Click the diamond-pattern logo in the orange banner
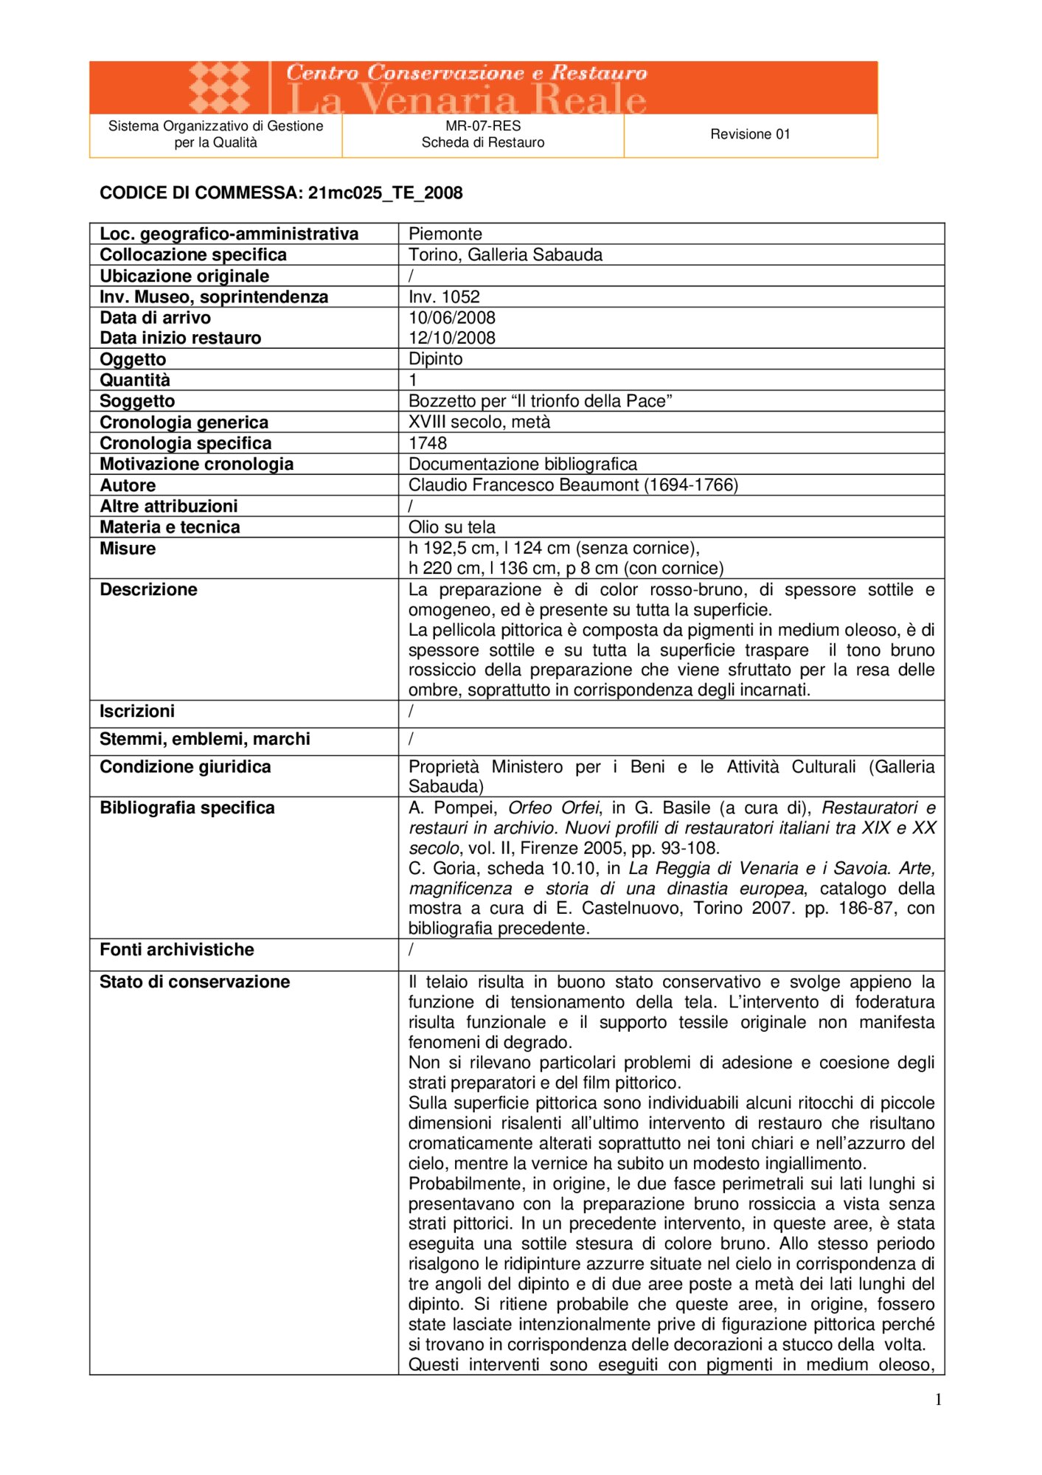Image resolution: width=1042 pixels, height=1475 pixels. click(219, 88)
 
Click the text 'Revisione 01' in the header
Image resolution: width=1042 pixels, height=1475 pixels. click(750, 134)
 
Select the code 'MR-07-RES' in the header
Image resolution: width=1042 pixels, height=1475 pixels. click(483, 126)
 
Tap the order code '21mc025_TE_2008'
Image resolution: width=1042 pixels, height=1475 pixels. click(385, 193)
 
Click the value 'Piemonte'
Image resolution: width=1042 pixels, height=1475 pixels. click(445, 234)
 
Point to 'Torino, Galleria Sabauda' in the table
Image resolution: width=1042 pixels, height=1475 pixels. click(505, 255)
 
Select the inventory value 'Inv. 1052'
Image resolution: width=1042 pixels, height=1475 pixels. click(444, 297)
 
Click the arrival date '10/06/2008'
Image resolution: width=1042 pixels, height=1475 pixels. click(452, 318)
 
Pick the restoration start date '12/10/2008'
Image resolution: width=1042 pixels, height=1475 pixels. click(452, 338)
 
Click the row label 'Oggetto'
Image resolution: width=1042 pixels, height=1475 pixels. click(133, 359)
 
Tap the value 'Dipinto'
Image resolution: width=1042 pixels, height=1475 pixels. click(436, 359)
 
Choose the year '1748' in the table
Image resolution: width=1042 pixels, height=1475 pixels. click(428, 443)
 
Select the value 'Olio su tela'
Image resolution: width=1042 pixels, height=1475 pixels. click(452, 527)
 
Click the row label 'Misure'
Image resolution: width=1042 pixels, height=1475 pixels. click(128, 549)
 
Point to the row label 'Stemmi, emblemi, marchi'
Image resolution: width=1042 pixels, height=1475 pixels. click(205, 739)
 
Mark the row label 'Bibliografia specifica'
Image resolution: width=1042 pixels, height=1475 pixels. click(187, 808)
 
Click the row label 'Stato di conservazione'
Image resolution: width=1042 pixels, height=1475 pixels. click(195, 982)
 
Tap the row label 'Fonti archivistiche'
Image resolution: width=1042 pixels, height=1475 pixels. click(177, 950)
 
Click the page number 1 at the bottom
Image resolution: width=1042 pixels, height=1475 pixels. click(938, 1400)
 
